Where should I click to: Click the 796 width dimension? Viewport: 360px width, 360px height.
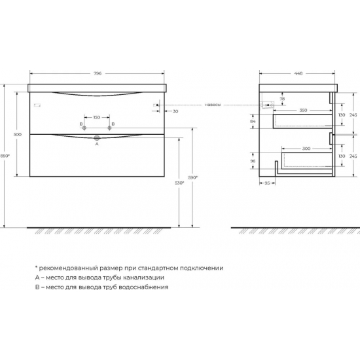[97, 73]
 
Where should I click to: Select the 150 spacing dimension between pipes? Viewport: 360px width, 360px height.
[97, 117]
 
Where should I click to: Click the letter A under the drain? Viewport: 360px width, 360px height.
[97, 145]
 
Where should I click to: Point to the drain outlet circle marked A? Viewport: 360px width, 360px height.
[97, 137]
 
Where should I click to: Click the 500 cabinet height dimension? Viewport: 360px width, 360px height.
[18, 134]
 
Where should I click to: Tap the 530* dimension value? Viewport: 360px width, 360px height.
[179, 183]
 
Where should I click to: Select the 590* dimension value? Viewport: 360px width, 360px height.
[193, 177]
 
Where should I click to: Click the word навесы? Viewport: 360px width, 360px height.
[212, 104]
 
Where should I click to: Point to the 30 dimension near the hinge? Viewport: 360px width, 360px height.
[176, 111]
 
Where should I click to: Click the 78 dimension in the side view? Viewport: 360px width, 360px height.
[281, 99]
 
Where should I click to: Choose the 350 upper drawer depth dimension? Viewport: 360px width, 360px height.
[303, 110]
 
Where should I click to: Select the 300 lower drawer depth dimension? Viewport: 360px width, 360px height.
[306, 149]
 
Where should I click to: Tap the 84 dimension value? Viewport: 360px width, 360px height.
[254, 120]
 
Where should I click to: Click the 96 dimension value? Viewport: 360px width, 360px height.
[254, 161]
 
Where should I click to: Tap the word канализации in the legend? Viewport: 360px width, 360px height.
[137, 278]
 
